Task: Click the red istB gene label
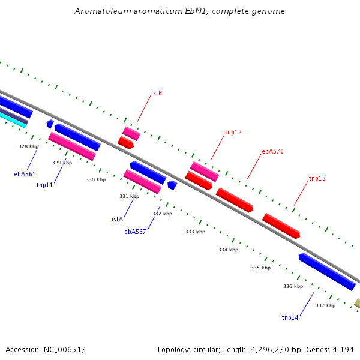pyautogui.click(x=157, y=93)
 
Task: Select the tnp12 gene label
pyautogui.click(x=233, y=132)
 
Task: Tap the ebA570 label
pyautogui.click(x=273, y=151)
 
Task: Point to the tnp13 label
pyautogui.click(x=317, y=178)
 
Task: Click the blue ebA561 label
pyautogui.click(x=25, y=174)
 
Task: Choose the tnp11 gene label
pyautogui.click(x=44, y=185)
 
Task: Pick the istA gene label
pyautogui.click(x=118, y=219)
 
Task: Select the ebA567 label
pyautogui.click(x=135, y=232)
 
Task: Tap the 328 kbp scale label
pyautogui.click(x=28, y=146)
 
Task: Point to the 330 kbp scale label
pyautogui.click(x=96, y=179)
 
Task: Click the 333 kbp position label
pyautogui.click(x=196, y=232)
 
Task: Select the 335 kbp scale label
pyautogui.click(x=261, y=268)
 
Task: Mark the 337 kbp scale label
pyautogui.click(x=326, y=305)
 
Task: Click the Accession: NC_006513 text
pyautogui.click(x=46, y=350)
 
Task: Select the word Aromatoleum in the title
pyautogui.click(x=103, y=11)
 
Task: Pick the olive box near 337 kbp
pyautogui.click(x=357, y=303)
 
